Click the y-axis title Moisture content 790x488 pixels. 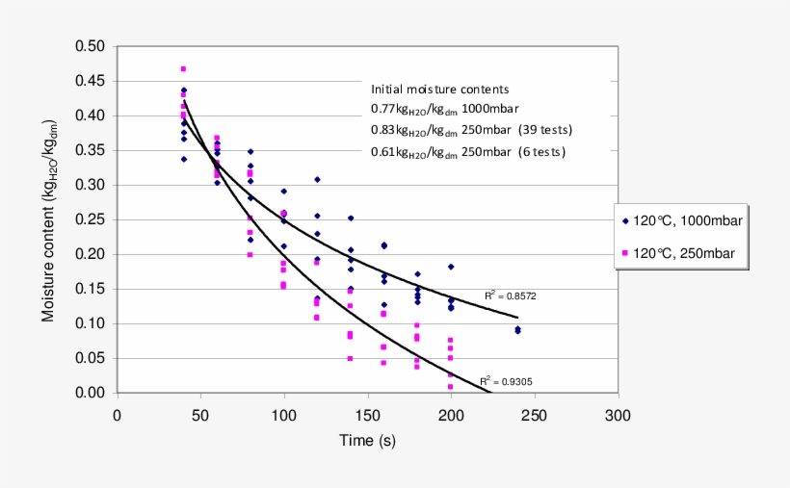coord(48,218)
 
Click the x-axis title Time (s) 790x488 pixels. coord(366,441)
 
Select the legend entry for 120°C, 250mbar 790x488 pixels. coord(682,254)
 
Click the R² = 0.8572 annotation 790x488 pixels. coord(510,296)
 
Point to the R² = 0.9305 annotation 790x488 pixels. coord(506,381)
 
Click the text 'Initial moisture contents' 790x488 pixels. coord(440,90)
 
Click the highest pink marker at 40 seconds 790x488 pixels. coord(183,69)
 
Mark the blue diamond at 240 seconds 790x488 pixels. coord(517,330)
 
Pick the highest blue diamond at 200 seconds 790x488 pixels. coord(451,267)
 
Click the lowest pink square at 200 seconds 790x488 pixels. coord(451,387)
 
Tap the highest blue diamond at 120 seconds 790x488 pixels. coord(317,180)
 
